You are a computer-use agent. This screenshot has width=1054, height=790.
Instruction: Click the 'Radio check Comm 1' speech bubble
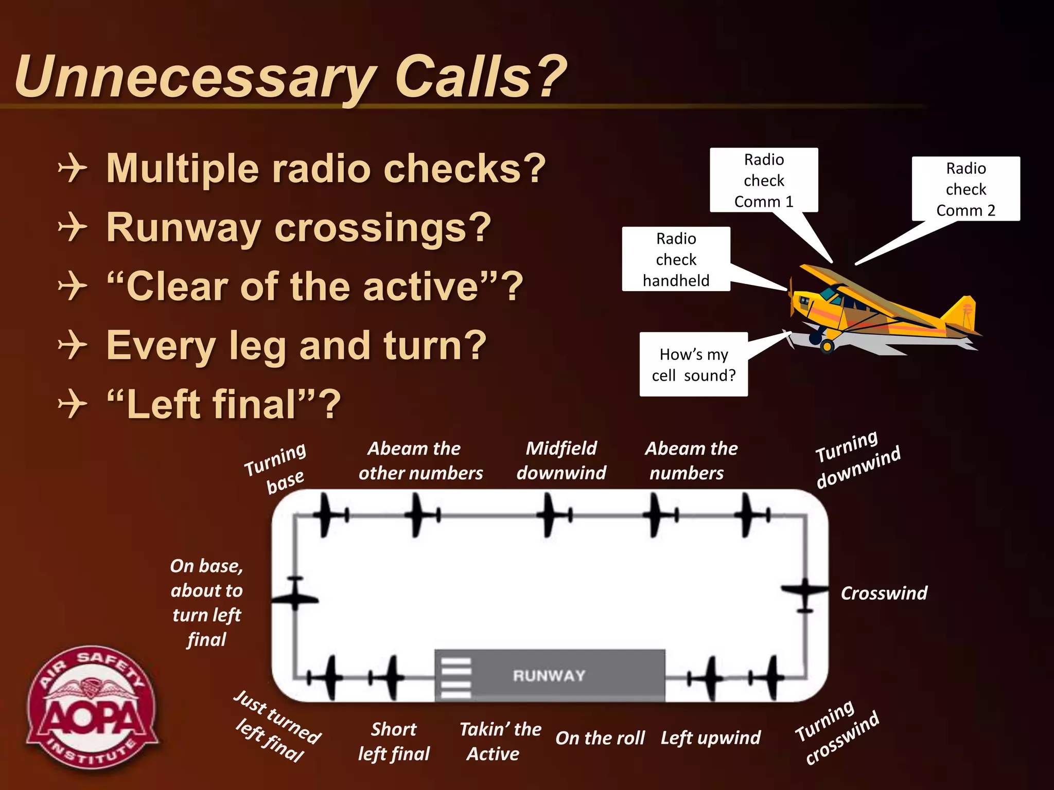(x=764, y=180)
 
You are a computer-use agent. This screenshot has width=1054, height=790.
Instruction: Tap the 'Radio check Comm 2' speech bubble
(x=965, y=189)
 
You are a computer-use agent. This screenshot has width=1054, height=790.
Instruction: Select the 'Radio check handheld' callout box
(x=676, y=259)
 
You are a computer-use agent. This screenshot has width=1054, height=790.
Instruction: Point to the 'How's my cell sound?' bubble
(x=693, y=364)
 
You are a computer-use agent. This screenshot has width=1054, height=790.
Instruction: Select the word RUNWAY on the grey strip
(x=549, y=675)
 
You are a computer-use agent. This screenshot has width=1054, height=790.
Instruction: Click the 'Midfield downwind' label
(x=561, y=460)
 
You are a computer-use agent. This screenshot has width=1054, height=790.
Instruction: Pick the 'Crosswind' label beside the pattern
(x=884, y=593)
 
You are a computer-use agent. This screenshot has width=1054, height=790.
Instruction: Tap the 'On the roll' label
(x=600, y=738)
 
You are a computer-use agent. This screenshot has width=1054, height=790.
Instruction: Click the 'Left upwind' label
(x=710, y=738)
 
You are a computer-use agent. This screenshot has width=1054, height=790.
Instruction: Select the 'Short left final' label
(x=394, y=741)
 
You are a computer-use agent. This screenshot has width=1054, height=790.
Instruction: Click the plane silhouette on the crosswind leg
(x=804, y=593)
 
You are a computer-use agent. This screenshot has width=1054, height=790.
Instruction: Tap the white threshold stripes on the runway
(x=455, y=678)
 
